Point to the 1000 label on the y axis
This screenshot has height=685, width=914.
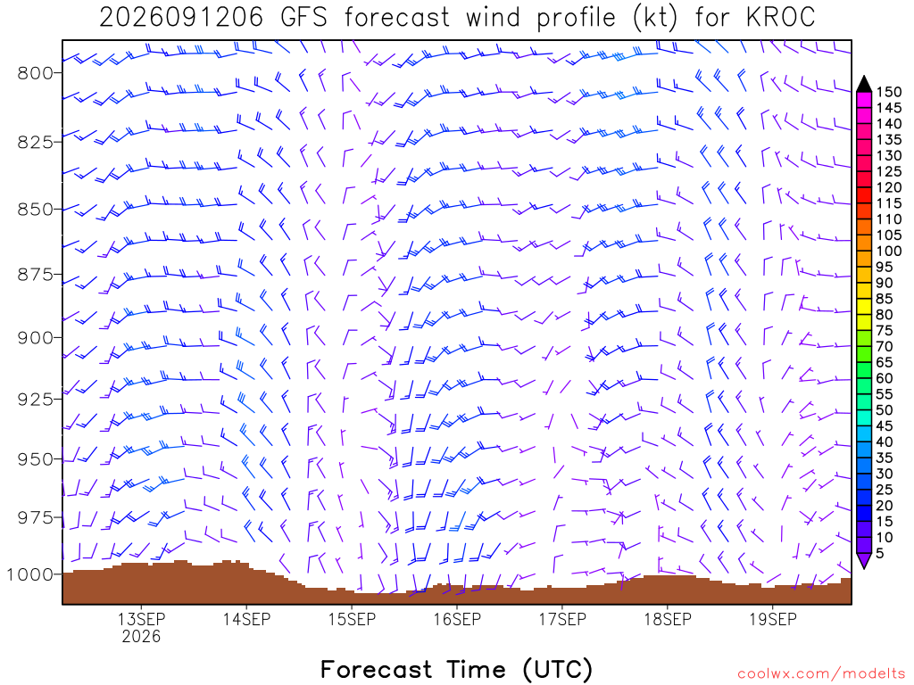pyautogui.click(x=29, y=575)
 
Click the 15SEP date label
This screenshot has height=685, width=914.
pyautogui.click(x=352, y=619)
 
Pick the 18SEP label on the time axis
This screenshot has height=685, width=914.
pyautogui.click(x=668, y=619)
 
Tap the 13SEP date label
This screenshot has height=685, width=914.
pyautogui.click(x=141, y=619)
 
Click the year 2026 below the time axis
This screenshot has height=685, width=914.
pyautogui.click(x=141, y=636)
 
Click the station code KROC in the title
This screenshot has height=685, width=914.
pyautogui.click(x=780, y=18)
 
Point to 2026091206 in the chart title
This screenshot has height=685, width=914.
pyautogui.click(x=181, y=18)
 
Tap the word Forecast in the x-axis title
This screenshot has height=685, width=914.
pyautogui.click(x=376, y=669)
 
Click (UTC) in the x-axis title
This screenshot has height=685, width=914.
pyautogui.click(x=557, y=669)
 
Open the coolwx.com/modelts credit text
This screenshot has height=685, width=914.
pyautogui.click(x=821, y=674)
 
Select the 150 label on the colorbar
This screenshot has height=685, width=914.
pyautogui.click(x=889, y=92)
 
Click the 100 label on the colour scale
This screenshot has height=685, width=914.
pyautogui.click(x=889, y=251)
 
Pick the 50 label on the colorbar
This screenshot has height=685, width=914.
pyautogui.click(x=885, y=410)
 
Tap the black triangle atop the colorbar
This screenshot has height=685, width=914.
pyautogui.click(x=864, y=84)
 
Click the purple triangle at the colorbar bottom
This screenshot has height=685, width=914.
pyautogui.click(x=864, y=560)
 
